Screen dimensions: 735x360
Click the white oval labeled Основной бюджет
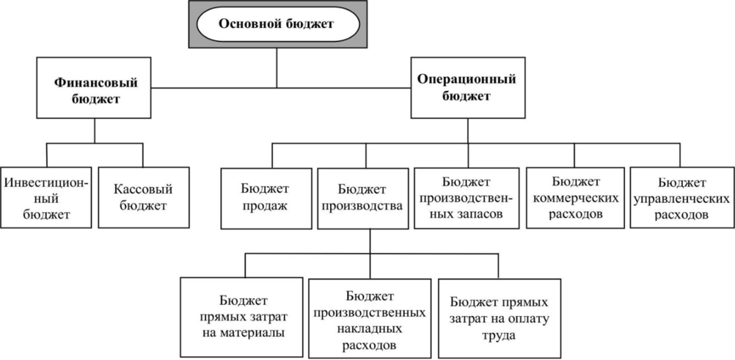coord(277,24)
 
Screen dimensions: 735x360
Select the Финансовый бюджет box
coord(94,88)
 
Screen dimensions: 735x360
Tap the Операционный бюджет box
coord(468,88)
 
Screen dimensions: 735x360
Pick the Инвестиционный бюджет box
coord(45,197)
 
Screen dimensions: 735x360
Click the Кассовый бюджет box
coord(144,197)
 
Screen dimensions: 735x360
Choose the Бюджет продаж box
coord(266,198)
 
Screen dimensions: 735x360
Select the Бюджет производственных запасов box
coord(467,198)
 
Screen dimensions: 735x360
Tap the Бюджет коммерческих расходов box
coord(575,198)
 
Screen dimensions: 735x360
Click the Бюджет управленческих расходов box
coord(682,197)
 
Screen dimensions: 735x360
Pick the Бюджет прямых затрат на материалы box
coord(241,317)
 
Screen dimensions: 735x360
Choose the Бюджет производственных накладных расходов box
coord(370,319)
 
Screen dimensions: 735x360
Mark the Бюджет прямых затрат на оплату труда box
coord(500,319)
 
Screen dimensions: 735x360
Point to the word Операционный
coord(467,79)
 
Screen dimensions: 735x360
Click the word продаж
coord(266,206)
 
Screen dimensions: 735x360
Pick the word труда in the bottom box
coord(499,336)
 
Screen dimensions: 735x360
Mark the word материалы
coord(241,333)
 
